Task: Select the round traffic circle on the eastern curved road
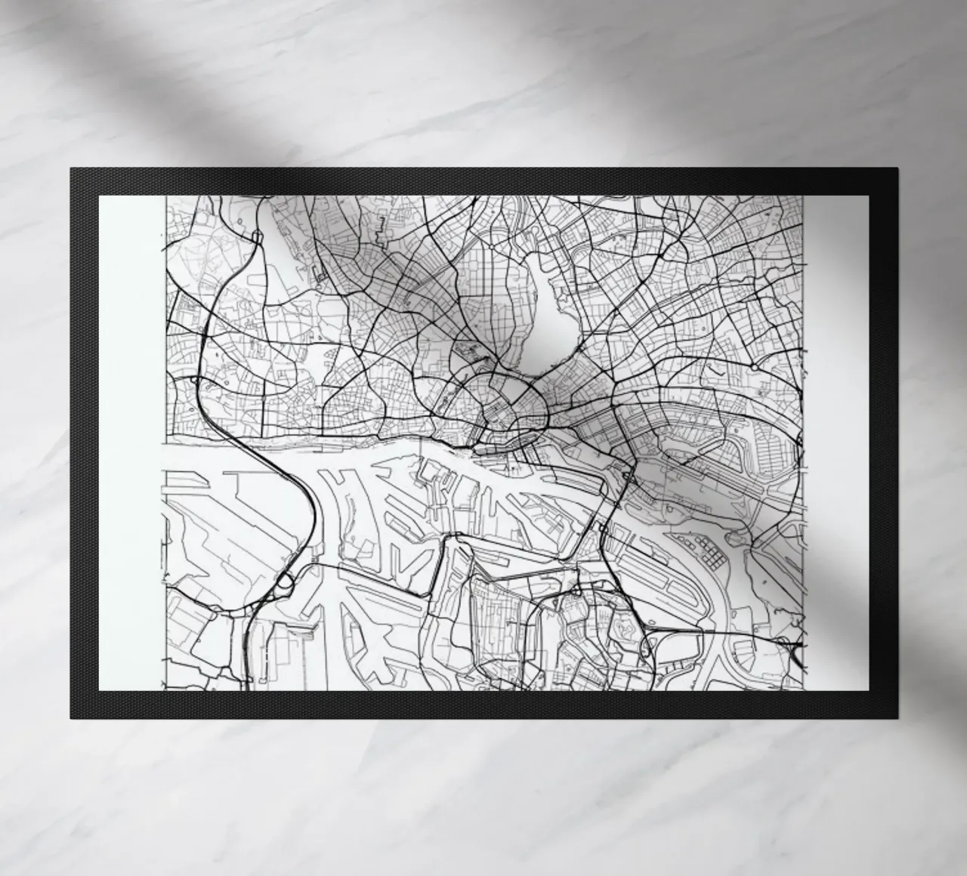pos(754,366)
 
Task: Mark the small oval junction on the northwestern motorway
pos(257,237)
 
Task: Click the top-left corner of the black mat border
pos(71,168)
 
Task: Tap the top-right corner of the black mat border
pos(897,170)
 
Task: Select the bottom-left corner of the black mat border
pos(71,717)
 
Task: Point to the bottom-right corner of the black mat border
pos(897,717)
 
